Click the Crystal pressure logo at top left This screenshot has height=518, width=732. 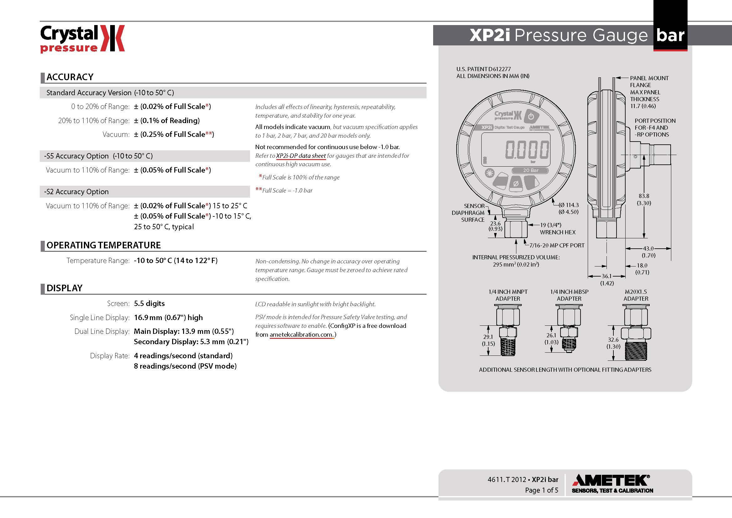82,39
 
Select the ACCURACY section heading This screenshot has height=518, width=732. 70,77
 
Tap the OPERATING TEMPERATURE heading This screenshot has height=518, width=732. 104,245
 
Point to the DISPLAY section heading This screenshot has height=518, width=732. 64,288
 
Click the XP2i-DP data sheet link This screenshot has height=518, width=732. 301,156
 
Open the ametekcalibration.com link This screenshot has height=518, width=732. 301,334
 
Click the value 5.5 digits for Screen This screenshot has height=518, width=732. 149,303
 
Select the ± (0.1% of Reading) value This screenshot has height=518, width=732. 167,121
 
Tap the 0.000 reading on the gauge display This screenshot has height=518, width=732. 527,149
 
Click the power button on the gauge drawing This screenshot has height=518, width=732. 531,117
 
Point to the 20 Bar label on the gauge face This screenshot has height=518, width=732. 530,170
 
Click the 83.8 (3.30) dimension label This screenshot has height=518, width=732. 644,199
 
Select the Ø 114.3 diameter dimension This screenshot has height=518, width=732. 568,208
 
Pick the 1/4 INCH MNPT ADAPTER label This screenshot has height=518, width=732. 508,295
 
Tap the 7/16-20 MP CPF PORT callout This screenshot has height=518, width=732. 557,246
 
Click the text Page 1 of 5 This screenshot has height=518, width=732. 541,490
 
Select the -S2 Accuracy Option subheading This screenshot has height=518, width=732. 76,192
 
